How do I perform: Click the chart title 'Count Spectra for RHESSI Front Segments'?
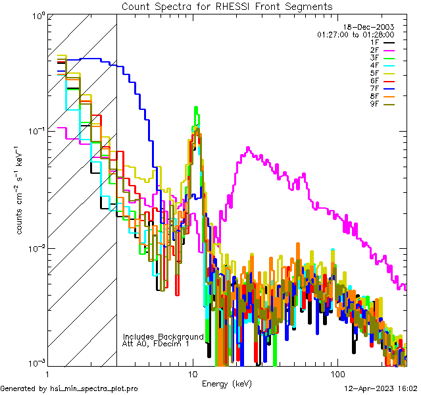coord(227,6)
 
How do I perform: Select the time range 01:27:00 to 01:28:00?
coord(355,34)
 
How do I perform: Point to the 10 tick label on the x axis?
coord(193,373)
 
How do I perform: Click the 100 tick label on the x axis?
coord(337,373)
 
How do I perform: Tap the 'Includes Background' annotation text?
coord(163,336)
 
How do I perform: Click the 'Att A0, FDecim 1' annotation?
coord(156,344)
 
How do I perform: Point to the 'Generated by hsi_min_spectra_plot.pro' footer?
coord(69,388)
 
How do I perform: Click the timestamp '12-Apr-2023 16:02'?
coord(380,388)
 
